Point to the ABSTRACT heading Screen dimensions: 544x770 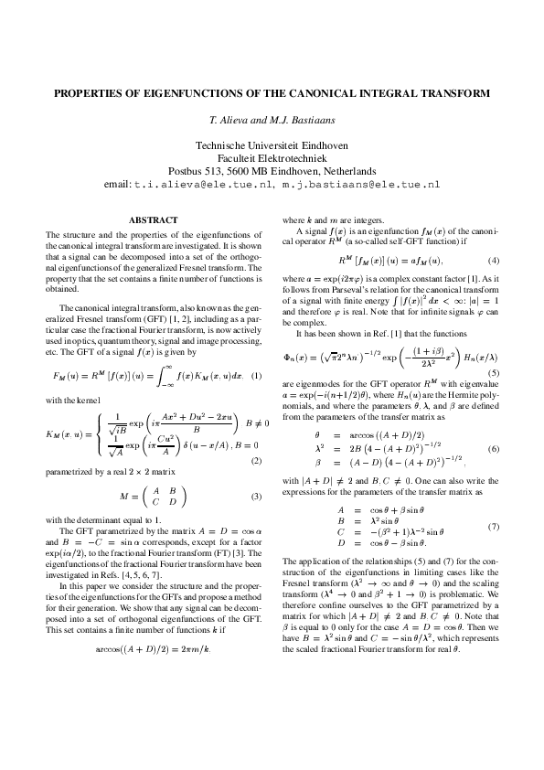click(154, 219)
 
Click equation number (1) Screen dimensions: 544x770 click(256, 376)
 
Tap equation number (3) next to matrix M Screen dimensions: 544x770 click(256, 497)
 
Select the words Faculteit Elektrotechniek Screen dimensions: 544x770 click(272, 157)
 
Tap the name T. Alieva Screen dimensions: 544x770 click(230, 120)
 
